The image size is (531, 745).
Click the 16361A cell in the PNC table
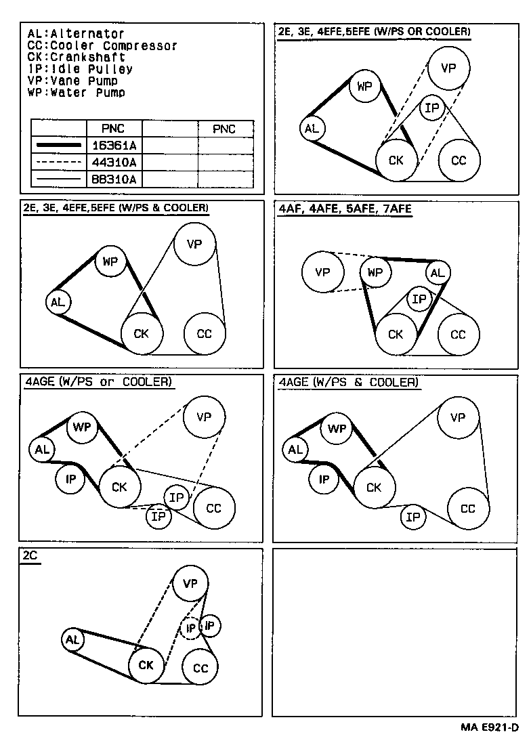pos(114,146)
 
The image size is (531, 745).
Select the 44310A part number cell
pos(114,163)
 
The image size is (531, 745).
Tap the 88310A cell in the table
pos(114,179)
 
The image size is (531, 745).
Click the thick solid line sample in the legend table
pos(59,145)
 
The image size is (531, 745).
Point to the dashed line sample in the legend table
pos(59,162)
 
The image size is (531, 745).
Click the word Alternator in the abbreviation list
pos(87,34)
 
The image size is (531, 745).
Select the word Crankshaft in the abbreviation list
pos(87,57)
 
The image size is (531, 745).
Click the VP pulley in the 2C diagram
pos(190,583)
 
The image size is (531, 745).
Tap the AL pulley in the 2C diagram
pos(72,640)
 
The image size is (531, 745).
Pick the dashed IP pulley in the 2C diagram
pos(190,629)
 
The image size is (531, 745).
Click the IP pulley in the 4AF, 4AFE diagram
pos(419,299)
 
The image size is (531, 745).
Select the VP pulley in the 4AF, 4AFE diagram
pos(322,272)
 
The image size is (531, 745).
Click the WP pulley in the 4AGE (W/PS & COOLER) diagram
pos(337,429)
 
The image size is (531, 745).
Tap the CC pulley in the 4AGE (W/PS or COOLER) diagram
pos(214,509)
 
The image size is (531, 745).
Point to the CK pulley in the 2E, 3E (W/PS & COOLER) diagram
pos(142,333)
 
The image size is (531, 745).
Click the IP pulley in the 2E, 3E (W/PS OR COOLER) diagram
pos(431,108)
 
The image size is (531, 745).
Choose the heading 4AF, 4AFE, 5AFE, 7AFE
pos(345,209)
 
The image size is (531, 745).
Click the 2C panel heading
pos(30,555)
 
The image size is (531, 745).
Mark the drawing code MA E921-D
pos(489,727)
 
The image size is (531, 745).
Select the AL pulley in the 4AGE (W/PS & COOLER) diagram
pos(295,450)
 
